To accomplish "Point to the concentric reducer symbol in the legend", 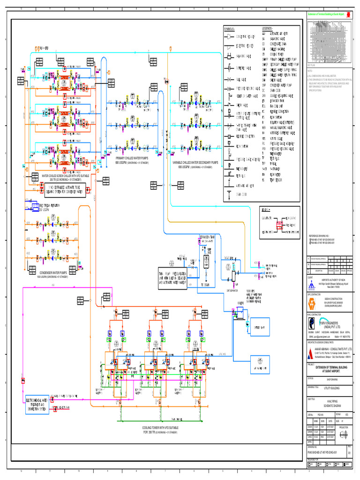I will pyautogui.click(x=229, y=37).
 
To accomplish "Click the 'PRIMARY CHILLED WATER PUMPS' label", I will pyautogui.click(x=132, y=159).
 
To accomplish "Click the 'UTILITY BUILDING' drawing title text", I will pyautogui.click(x=330, y=388).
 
